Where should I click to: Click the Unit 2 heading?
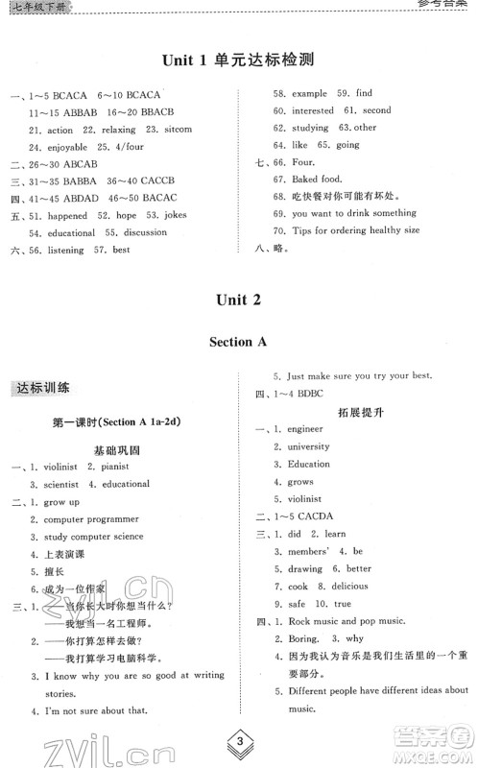[x=238, y=300]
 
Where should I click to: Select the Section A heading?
[x=238, y=341]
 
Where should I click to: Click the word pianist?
[x=111, y=467]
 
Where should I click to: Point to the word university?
[x=309, y=446]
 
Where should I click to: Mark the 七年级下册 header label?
[x=32, y=7]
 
